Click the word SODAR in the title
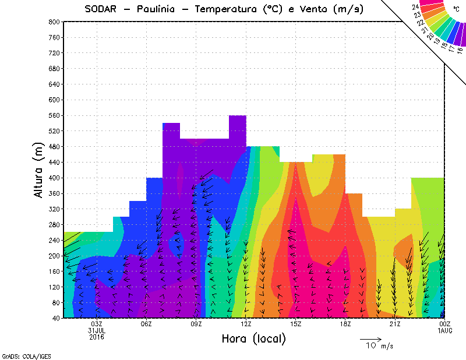(103, 9)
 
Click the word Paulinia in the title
(159, 9)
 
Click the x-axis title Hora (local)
(253, 338)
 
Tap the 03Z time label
(97, 324)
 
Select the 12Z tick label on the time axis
(246, 324)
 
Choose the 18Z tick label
(345, 324)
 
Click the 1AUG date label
(444, 330)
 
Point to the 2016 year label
(97, 336)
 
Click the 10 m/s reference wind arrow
(370, 338)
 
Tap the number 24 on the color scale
(416, 7)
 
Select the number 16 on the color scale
(460, 50)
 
